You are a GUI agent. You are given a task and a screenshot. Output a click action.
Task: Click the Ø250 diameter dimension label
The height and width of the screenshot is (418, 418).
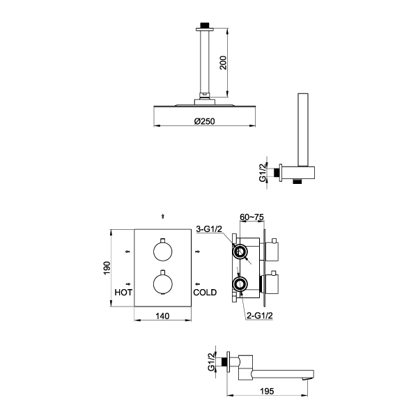(x=204, y=121)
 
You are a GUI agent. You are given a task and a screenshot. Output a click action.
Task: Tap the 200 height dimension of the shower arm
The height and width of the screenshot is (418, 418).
(x=223, y=63)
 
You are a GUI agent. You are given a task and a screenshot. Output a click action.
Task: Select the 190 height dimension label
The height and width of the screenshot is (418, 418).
(x=107, y=268)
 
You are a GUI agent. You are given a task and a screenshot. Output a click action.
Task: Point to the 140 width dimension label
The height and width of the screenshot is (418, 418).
(x=162, y=316)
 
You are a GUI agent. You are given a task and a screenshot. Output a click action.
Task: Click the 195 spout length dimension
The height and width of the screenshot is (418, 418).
(x=267, y=392)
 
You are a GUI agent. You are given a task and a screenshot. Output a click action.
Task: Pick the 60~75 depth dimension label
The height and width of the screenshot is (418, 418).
(x=252, y=217)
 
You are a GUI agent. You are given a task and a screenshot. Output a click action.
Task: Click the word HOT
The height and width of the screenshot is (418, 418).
(x=123, y=293)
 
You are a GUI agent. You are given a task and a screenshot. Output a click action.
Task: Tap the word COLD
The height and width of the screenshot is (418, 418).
(x=205, y=293)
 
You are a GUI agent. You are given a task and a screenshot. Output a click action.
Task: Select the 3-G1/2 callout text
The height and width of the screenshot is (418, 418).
(x=209, y=229)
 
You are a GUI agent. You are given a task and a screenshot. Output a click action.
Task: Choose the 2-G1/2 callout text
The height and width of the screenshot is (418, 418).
(x=260, y=316)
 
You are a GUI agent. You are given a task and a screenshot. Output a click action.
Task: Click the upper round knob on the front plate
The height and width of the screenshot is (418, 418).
(x=162, y=251)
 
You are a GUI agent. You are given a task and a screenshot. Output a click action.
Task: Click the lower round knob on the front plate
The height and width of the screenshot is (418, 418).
(x=162, y=284)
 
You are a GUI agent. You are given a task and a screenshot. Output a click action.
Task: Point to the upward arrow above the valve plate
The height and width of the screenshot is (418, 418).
(x=163, y=216)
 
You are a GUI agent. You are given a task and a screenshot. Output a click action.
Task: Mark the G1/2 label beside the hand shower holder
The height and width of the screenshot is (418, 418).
(x=263, y=173)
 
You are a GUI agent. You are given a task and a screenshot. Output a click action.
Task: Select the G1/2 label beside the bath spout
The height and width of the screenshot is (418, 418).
(x=211, y=362)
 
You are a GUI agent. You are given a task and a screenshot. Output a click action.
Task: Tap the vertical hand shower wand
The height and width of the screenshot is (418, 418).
(x=303, y=130)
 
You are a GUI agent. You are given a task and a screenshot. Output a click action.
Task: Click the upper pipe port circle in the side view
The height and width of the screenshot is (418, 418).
(x=241, y=251)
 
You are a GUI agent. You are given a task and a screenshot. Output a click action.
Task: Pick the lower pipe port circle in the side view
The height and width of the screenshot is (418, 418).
(x=240, y=284)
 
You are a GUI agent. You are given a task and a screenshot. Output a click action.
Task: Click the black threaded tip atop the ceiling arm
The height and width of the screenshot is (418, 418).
(x=205, y=25)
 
